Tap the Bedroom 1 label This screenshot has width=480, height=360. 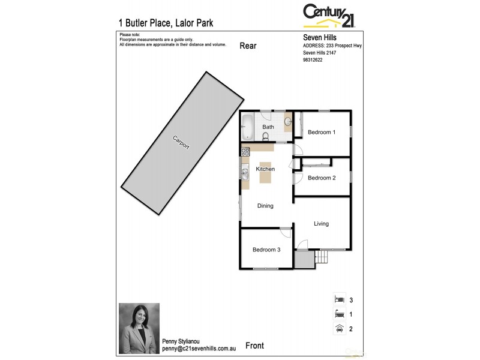pos(321,132)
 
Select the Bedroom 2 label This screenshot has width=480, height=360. pos(321,178)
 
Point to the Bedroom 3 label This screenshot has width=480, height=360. pos(266,250)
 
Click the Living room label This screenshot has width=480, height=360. pos(321,224)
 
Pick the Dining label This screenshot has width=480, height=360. pos(265,206)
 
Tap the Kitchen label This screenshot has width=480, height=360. pos(265,169)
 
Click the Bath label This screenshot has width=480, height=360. pos(268,127)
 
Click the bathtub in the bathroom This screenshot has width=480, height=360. pos(247,127)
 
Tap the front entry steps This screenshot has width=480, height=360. pos(323,258)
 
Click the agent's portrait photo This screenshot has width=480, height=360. pos(139,327)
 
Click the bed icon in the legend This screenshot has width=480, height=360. pos(339,299)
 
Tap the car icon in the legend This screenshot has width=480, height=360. pos(339,328)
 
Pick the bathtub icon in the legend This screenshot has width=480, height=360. pos(339,313)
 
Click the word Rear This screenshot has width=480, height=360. pos(248,46)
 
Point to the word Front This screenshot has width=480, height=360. pos(254,346)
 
